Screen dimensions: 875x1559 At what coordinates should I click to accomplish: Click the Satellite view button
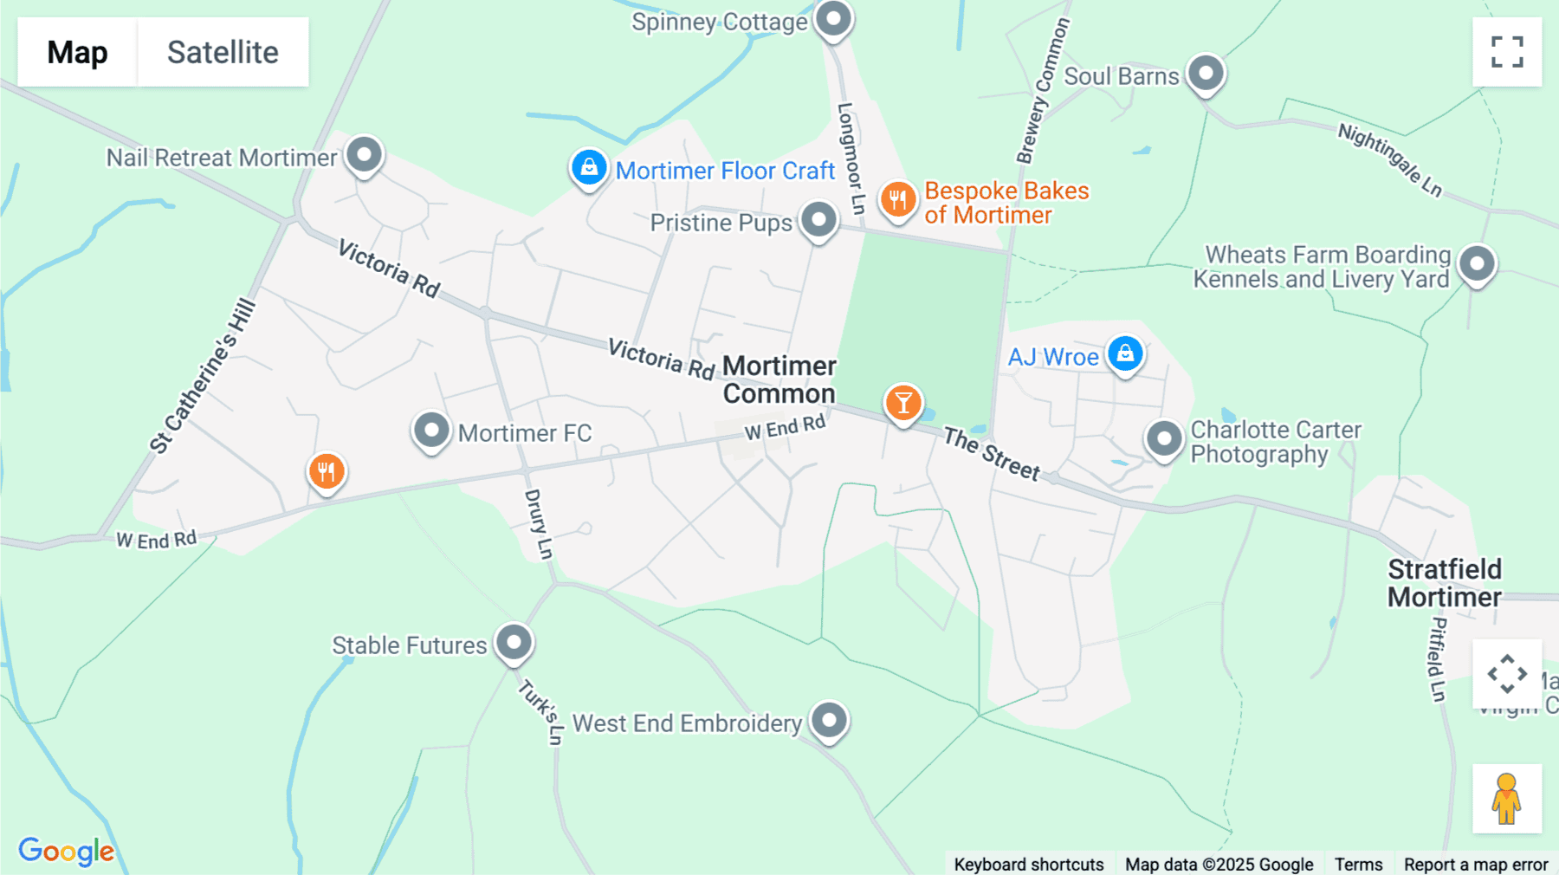tap(223, 52)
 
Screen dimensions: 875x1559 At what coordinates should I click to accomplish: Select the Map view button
tap(77, 52)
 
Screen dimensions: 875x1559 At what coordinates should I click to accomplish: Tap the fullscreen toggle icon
tap(1507, 52)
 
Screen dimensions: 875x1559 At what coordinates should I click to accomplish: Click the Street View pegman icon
tap(1506, 798)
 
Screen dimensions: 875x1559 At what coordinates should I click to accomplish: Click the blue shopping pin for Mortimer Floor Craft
tap(589, 166)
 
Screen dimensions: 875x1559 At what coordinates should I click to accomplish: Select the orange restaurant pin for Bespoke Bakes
tap(898, 199)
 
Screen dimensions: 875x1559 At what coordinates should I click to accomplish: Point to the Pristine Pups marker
tap(818, 220)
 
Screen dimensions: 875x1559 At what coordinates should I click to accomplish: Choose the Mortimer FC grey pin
tap(431, 430)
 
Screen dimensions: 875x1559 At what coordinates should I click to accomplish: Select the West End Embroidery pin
tap(829, 720)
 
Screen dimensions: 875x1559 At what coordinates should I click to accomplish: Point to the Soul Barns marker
tap(1206, 74)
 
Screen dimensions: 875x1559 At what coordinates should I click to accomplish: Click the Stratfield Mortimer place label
tap(1445, 583)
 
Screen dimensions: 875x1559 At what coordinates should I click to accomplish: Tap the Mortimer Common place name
tap(779, 379)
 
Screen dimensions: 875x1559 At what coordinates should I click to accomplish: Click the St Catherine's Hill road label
tap(204, 376)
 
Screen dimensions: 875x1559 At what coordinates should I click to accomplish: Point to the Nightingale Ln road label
tap(1390, 159)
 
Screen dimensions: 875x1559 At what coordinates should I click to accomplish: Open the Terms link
tap(1358, 864)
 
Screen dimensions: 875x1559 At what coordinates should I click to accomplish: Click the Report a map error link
tap(1476, 864)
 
